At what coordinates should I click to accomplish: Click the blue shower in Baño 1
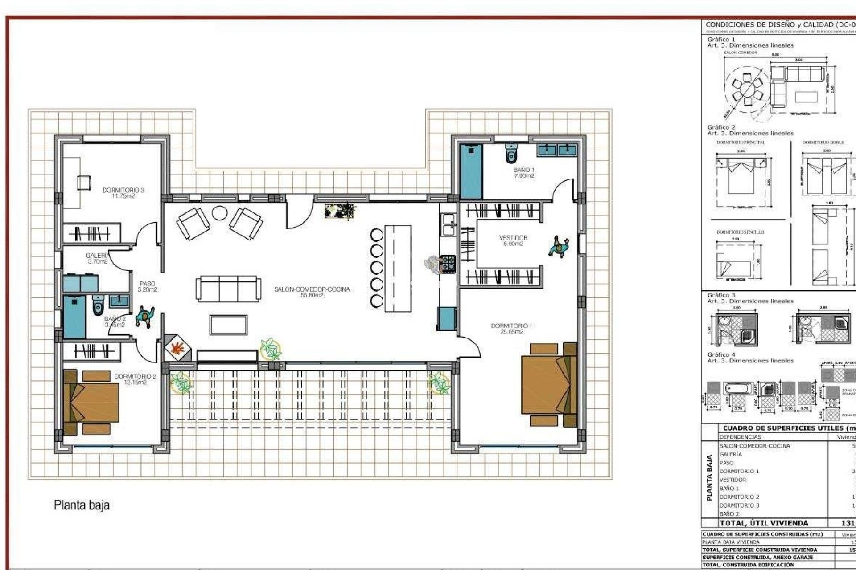pyautogui.click(x=471, y=171)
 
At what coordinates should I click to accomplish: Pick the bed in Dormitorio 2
pyautogui.click(x=92, y=402)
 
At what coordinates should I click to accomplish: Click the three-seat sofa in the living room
pyautogui.click(x=228, y=289)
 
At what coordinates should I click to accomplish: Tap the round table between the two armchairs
pyautogui.click(x=219, y=213)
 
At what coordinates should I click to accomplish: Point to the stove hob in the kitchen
pyautogui.click(x=448, y=263)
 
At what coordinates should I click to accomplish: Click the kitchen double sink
pyautogui.click(x=448, y=224)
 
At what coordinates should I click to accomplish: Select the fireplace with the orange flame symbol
pyautogui.click(x=177, y=348)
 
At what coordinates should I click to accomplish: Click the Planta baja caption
pyautogui.click(x=82, y=505)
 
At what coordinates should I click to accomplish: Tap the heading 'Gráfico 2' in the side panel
pyautogui.click(x=721, y=127)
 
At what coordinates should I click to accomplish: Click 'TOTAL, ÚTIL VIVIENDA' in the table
pyautogui.click(x=763, y=523)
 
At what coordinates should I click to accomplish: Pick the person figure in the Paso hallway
pyautogui.click(x=144, y=317)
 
